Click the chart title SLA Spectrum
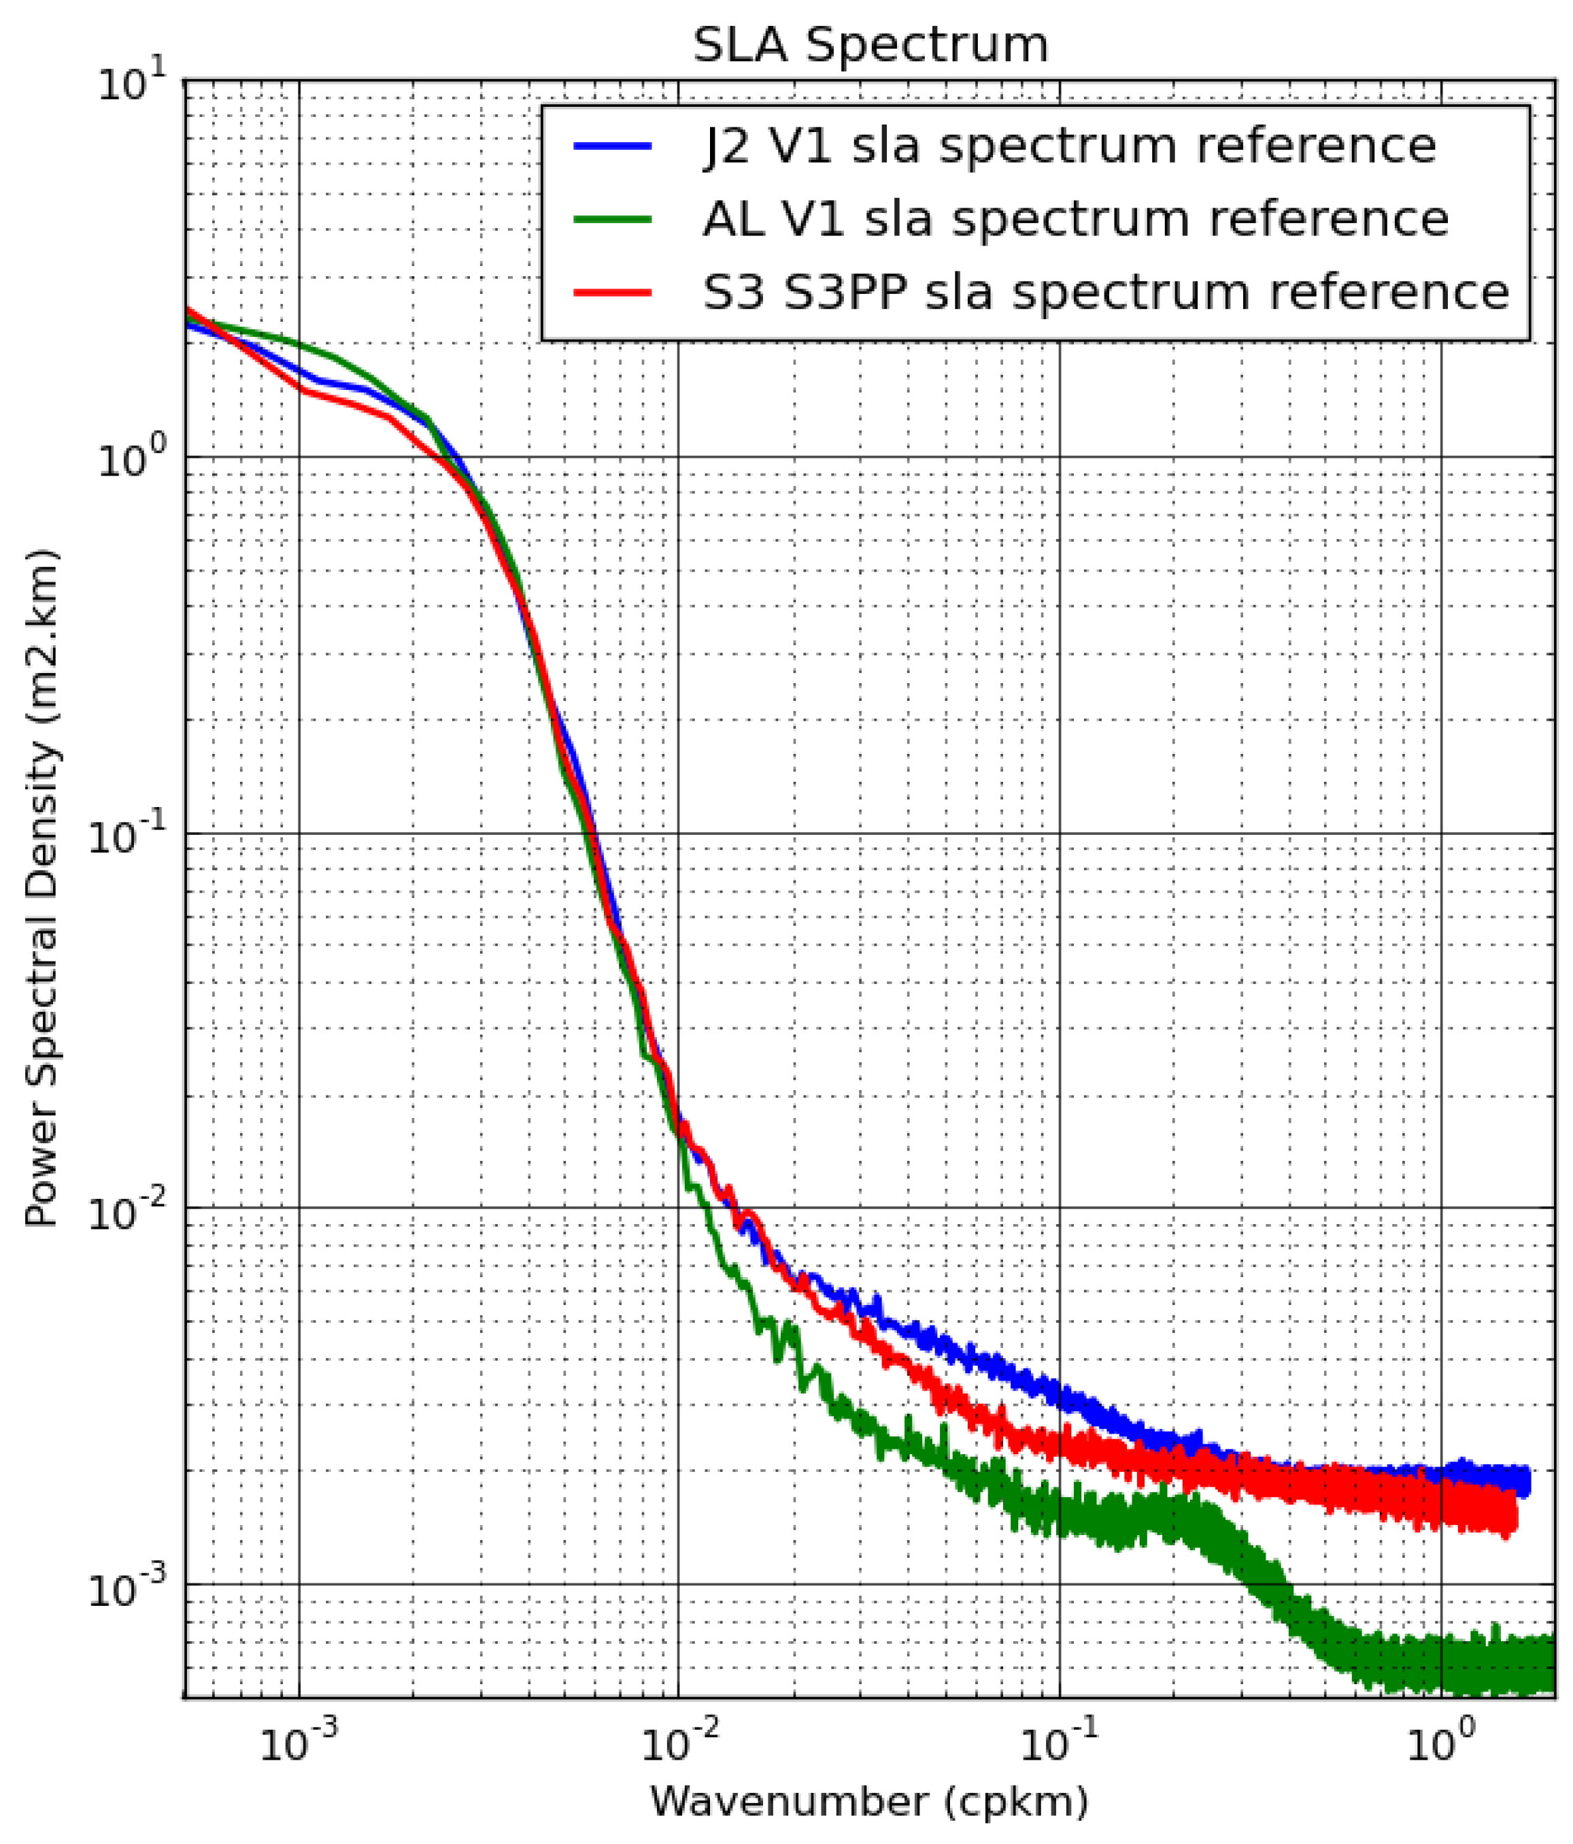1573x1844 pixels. point(870,44)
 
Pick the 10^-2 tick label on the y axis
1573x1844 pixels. point(124,1211)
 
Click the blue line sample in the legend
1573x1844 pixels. point(613,146)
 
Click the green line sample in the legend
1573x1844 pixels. point(613,219)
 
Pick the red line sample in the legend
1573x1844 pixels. point(613,292)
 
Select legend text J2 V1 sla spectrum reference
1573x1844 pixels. point(1068,146)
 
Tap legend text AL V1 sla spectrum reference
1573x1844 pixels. point(1075,219)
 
